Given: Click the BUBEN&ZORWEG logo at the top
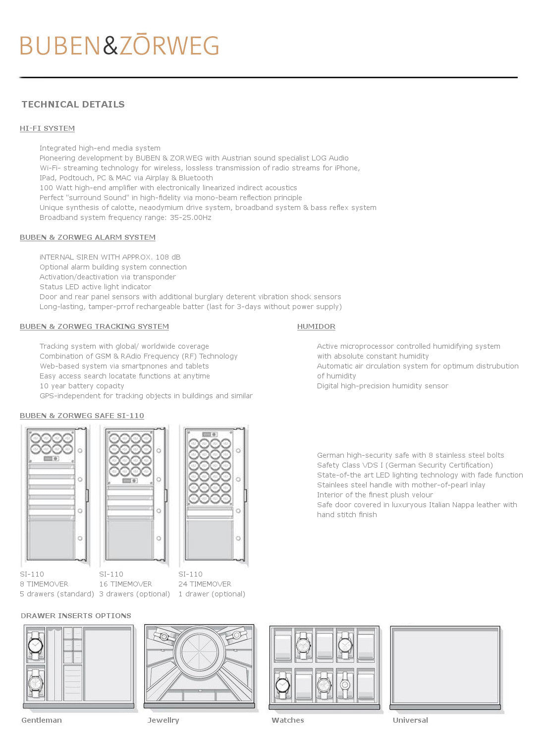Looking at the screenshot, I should coord(119,45).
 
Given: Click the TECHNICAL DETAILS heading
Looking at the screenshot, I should coord(73,105).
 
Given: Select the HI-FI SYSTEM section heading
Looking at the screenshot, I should coord(47,128).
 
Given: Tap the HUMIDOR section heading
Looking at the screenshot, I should coord(316,326).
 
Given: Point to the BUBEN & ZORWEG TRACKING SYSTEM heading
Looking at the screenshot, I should coord(94,326).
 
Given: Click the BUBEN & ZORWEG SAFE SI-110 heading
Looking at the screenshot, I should coord(82,416).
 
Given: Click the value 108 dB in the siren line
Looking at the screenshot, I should coord(168,257).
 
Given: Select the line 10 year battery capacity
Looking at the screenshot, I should coord(82,386).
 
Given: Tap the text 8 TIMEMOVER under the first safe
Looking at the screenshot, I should coord(44,584).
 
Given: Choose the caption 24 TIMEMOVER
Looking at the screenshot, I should coord(205,584).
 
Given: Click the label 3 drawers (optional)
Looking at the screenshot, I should coord(134,594).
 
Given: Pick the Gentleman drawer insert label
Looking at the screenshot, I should coord(42,720).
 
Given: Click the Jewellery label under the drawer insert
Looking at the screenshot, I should coord(163,720).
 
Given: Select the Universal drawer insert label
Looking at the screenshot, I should coord(410,720).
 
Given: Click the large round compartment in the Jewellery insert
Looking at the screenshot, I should coord(200,652).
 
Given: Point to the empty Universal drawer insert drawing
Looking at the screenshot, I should coord(445,665).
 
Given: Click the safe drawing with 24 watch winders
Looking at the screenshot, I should coord(214,495).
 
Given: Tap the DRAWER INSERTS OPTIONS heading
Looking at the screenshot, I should coord(76,616).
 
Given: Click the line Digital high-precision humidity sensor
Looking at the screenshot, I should coord(382,386).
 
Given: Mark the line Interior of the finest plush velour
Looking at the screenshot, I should coord(375,495).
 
